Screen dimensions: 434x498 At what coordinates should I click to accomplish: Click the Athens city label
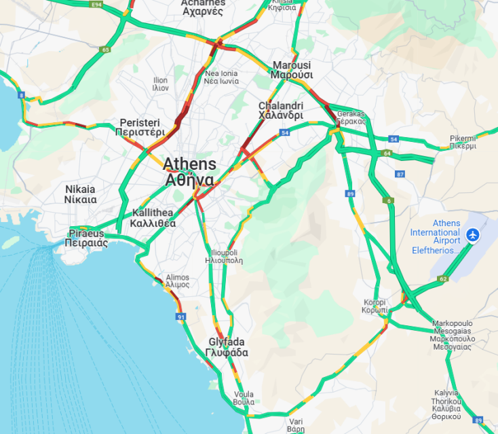pyautogui.click(x=189, y=172)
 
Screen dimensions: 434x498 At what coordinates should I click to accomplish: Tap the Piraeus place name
pyautogui.click(x=86, y=238)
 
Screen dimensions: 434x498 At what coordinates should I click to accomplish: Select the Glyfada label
pyautogui.click(x=227, y=347)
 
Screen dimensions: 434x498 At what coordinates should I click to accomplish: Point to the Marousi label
pyautogui.click(x=292, y=70)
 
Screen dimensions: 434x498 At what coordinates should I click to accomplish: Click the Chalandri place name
pyautogui.click(x=280, y=111)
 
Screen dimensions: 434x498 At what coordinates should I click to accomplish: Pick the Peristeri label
pyautogui.click(x=142, y=127)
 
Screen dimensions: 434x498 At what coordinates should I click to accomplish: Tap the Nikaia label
pyautogui.click(x=80, y=194)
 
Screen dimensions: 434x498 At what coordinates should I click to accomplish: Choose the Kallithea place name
pyautogui.click(x=153, y=218)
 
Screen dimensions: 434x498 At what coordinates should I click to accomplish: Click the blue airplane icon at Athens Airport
pyautogui.click(x=474, y=236)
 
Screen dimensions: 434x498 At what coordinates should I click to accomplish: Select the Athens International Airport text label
pyautogui.click(x=436, y=236)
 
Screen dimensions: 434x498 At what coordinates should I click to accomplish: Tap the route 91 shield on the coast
pyautogui.click(x=180, y=317)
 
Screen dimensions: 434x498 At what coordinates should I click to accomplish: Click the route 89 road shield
pyautogui.click(x=350, y=194)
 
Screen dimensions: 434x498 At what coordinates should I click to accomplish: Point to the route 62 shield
pyautogui.click(x=443, y=278)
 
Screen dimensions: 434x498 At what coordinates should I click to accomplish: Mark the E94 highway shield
pyautogui.click(x=96, y=5)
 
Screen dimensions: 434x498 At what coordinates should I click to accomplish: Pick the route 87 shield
pyautogui.click(x=400, y=175)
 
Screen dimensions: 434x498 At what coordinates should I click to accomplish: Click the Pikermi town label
pyautogui.click(x=463, y=141)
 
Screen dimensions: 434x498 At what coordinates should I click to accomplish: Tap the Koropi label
pyautogui.click(x=375, y=306)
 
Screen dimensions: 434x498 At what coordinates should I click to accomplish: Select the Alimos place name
pyautogui.click(x=178, y=281)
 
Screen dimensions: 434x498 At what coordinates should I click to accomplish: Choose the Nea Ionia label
pyautogui.click(x=221, y=77)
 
